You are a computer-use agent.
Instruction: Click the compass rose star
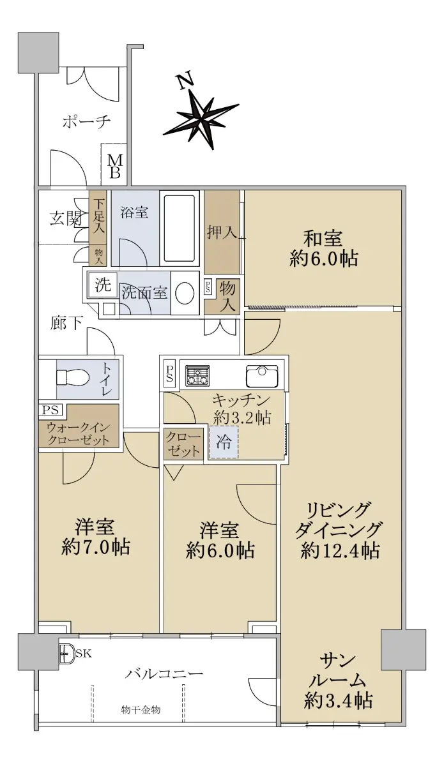point(201,117)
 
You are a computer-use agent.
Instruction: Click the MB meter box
point(115,166)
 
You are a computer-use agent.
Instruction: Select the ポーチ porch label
point(87,121)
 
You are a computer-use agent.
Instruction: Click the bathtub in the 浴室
point(181,229)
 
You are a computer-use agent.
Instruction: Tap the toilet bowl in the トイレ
point(73,379)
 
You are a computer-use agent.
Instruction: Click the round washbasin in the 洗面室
point(185,292)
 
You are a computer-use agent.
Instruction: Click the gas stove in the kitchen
point(197,375)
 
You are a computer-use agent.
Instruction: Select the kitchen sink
point(262,376)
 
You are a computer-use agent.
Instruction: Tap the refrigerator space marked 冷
point(223,442)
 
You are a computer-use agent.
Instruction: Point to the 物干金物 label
point(141,710)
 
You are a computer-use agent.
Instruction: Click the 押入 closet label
point(222,233)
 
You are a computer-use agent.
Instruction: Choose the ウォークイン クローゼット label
point(79,434)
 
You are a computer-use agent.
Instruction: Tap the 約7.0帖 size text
point(96,547)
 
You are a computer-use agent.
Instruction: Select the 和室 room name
point(323,239)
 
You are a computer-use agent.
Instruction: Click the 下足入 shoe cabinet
point(98,217)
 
